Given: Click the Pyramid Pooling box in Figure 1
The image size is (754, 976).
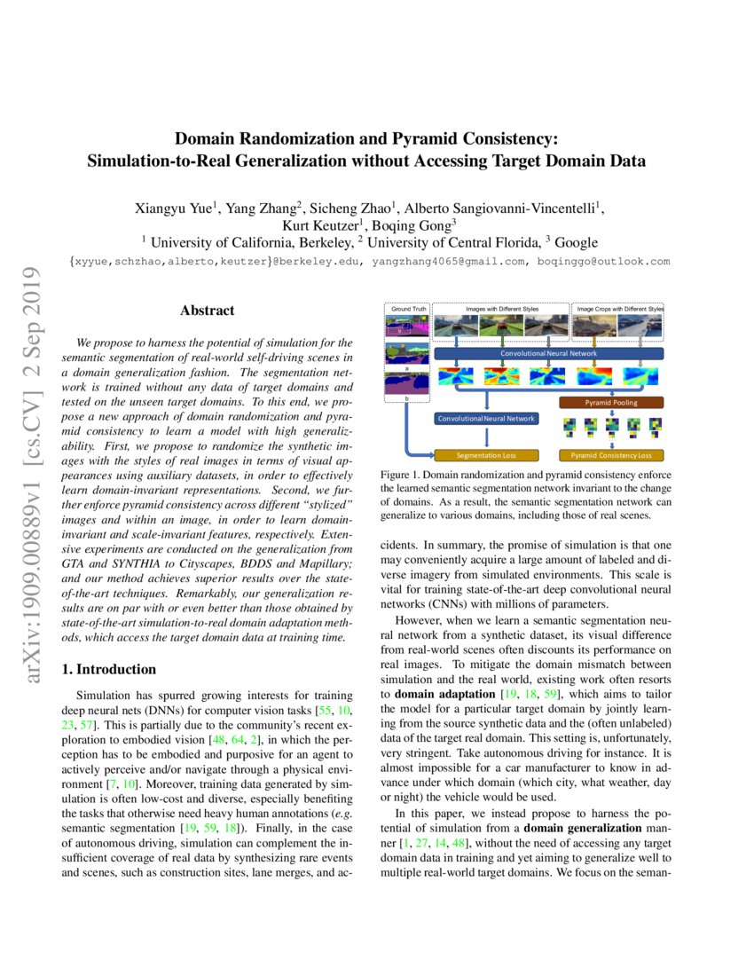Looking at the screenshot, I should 610,402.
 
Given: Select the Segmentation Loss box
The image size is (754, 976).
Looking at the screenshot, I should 486,455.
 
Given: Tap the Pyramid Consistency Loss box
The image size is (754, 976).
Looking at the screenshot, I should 610,455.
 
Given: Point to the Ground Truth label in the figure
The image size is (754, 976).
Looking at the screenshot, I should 406,308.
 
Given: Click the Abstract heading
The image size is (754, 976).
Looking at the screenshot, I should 207,311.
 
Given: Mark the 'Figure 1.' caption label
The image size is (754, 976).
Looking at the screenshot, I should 400,476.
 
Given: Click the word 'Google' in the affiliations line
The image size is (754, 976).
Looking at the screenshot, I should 576,242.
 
